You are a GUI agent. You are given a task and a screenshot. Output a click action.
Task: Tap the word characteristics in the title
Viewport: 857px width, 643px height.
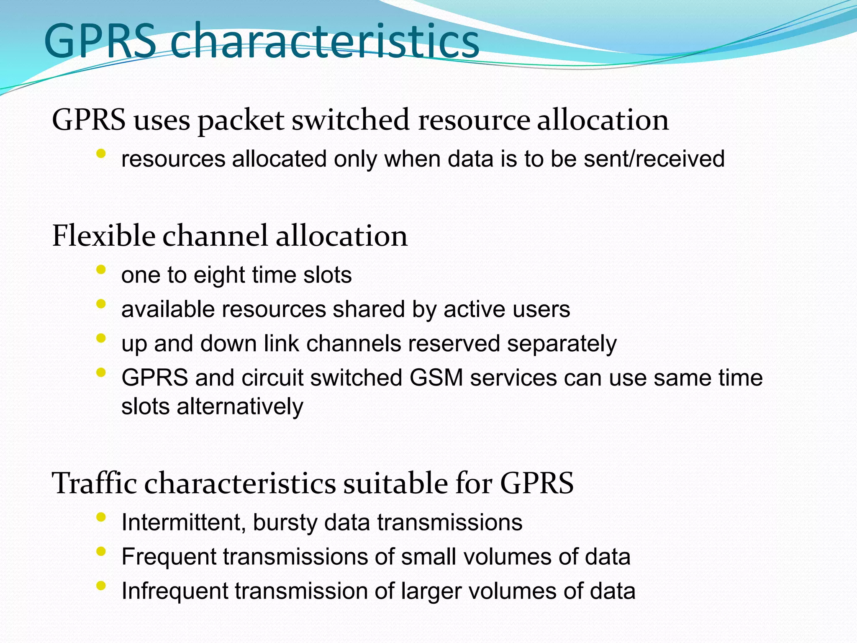tap(325, 41)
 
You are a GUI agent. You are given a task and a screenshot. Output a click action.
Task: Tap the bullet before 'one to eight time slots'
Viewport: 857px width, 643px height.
tap(100, 270)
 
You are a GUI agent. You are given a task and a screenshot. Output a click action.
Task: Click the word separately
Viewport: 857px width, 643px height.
tap(562, 344)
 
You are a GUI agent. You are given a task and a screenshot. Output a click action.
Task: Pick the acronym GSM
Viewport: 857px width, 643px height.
tap(436, 378)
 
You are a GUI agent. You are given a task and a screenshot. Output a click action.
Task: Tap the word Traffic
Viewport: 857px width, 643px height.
tap(94, 483)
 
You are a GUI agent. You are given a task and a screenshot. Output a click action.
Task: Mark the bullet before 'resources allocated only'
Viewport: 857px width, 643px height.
tap(100, 154)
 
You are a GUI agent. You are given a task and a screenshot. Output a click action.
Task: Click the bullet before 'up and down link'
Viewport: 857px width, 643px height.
tap(100, 338)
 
